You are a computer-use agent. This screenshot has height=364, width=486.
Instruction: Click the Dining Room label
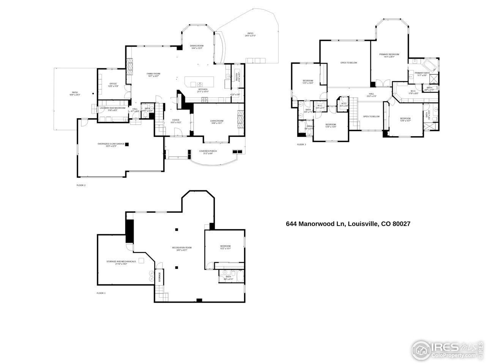[x=197, y=46]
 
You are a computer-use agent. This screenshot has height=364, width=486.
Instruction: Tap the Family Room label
[x=153, y=74]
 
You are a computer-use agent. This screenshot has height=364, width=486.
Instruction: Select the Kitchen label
[x=202, y=89]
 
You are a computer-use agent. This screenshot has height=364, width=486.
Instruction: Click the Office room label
[x=113, y=84]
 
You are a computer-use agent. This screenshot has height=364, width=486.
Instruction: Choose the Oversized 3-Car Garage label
[x=111, y=144]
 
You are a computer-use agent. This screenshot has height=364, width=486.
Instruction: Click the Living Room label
[x=217, y=121]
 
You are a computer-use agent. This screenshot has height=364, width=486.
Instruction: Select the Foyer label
[x=175, y=120]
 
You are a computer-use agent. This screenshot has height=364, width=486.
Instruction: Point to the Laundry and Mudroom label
[x=112, y=108]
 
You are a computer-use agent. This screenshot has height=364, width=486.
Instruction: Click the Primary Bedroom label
[x=389, y=55]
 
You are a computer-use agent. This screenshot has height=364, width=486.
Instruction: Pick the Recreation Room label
[x=184, y=248]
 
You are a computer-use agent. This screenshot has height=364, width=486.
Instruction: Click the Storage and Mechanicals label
[x=121, y=261]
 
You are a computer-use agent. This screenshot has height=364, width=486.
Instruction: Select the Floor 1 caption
[x=101, y=293]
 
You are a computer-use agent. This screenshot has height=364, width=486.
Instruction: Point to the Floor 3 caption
[x=301, y=144]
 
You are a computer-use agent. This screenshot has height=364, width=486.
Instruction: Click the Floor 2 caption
[x=81, y=185]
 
